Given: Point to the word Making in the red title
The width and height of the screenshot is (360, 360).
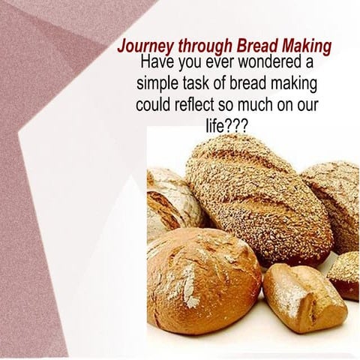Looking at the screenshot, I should [x=304, y=45].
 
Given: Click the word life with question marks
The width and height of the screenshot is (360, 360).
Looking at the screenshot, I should [x=226, y=124].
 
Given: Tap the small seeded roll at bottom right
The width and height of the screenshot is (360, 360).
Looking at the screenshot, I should [x=345, y=274].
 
